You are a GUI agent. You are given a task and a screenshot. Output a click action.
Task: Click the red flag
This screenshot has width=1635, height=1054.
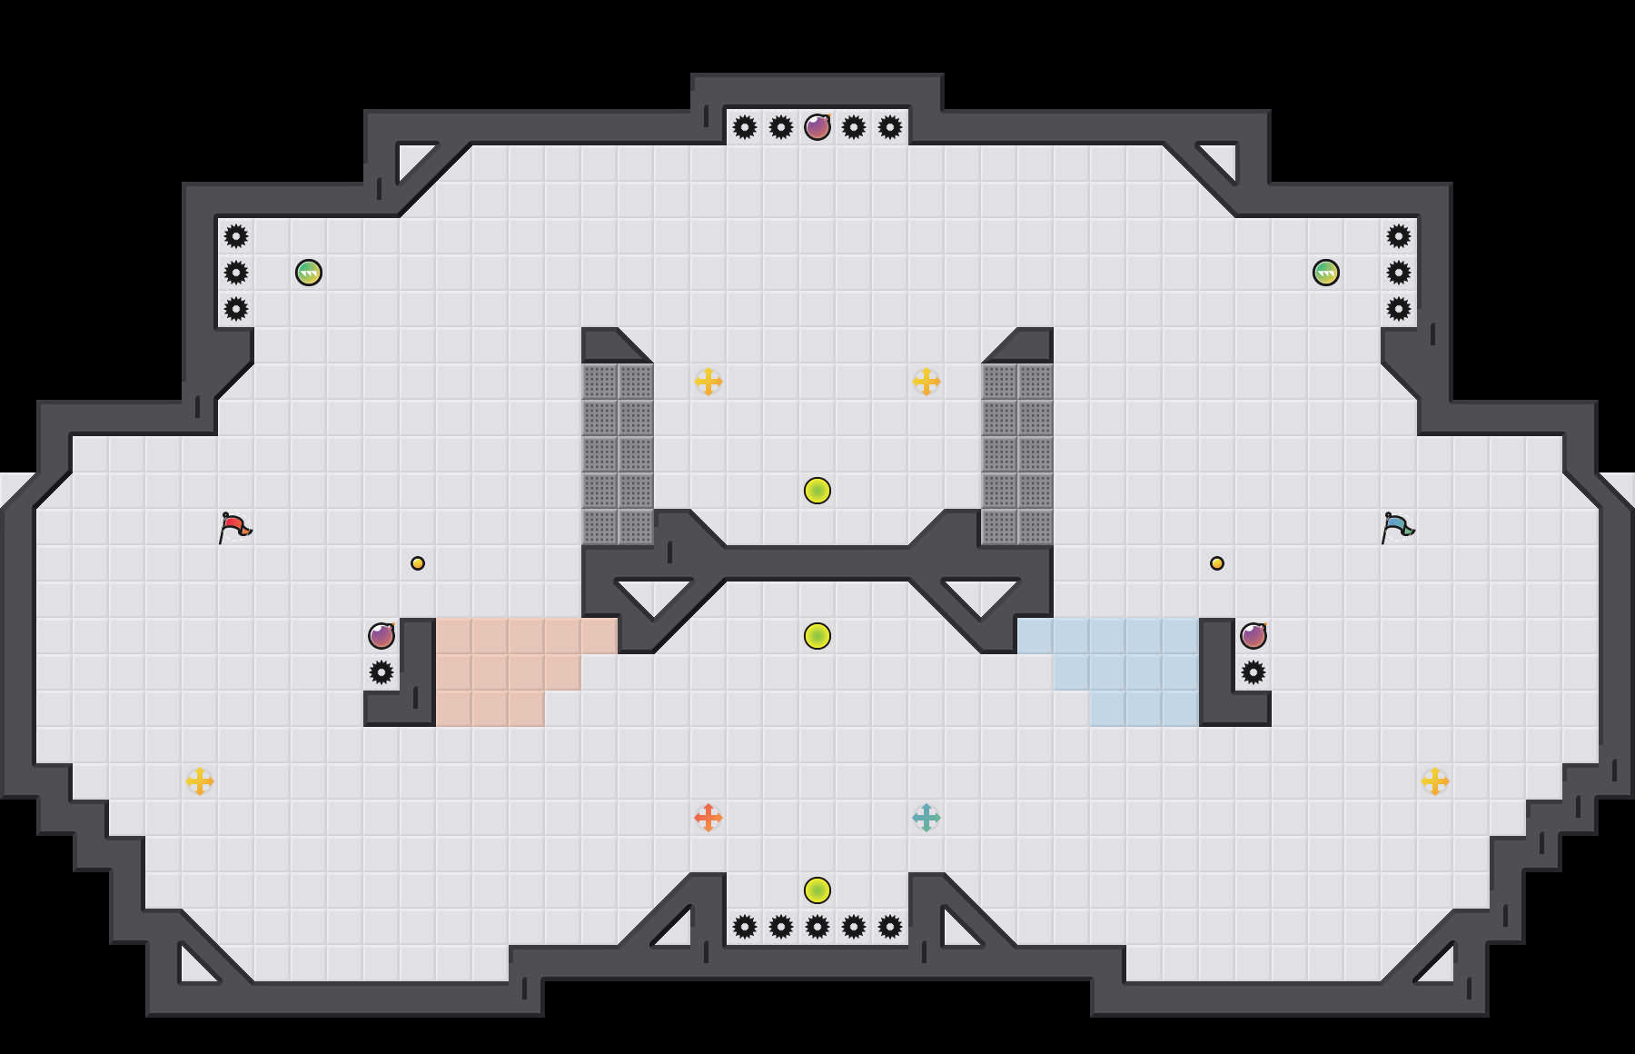235,527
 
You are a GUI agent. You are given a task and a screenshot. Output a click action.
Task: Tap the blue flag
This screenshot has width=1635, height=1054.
1398,527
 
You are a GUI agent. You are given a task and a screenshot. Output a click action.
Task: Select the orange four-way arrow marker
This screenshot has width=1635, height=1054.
708,818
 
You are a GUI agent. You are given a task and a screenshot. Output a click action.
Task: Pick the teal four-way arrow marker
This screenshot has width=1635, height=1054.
926,818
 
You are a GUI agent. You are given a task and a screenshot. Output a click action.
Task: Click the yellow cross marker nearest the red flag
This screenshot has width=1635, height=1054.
200,781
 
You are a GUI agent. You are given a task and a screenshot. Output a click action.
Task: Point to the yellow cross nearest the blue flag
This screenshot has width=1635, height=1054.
1435,781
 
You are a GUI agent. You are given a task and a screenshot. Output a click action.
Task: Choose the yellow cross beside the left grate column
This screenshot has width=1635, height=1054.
708,382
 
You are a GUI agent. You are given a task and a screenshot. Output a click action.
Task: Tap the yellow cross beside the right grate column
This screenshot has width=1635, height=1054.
926,382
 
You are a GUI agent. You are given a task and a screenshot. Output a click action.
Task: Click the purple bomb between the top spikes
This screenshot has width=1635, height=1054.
817,127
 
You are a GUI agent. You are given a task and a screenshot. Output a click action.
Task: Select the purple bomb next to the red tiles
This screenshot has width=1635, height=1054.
381,636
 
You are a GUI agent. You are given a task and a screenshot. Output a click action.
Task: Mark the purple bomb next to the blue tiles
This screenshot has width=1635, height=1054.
1253,636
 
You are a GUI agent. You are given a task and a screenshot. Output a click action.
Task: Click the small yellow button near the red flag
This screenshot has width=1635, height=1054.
418,563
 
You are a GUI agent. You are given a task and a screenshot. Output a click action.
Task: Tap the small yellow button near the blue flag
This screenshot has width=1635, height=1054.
1217,563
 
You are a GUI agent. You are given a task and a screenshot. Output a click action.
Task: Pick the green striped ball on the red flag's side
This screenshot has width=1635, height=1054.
309,273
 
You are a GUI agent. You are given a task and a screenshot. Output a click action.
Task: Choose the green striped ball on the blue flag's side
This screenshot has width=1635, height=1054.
1326,273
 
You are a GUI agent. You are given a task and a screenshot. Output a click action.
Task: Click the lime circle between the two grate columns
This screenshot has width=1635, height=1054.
817,491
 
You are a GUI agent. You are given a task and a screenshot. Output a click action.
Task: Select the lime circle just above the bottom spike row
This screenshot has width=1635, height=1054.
817,890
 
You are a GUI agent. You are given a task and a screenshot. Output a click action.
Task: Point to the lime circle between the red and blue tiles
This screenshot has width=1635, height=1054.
817,636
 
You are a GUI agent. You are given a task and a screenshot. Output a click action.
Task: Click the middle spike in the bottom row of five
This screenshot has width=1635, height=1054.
817,927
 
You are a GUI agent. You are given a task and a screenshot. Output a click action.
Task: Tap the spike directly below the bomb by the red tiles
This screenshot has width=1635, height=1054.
381,672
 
